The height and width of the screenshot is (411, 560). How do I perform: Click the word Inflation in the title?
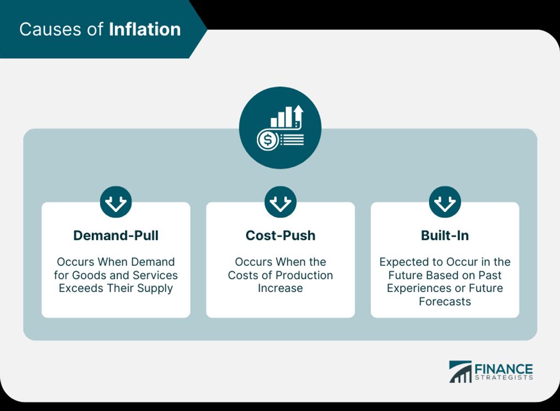144,30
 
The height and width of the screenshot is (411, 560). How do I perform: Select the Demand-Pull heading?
116,236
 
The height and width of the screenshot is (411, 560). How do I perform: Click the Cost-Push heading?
281,236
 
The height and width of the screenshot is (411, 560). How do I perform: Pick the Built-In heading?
445,236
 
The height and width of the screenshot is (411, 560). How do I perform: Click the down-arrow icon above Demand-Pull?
116,202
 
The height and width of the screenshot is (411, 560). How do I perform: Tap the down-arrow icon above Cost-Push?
281,202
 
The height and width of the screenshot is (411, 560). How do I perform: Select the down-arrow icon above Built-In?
445,202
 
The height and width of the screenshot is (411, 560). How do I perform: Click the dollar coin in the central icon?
267,139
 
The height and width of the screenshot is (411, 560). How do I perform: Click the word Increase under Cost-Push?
281,288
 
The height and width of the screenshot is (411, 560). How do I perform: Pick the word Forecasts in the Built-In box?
445,302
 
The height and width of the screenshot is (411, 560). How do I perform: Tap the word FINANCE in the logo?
504,369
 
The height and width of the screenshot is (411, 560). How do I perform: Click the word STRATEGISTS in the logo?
504,378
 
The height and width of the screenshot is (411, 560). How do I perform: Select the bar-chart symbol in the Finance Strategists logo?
460,372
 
